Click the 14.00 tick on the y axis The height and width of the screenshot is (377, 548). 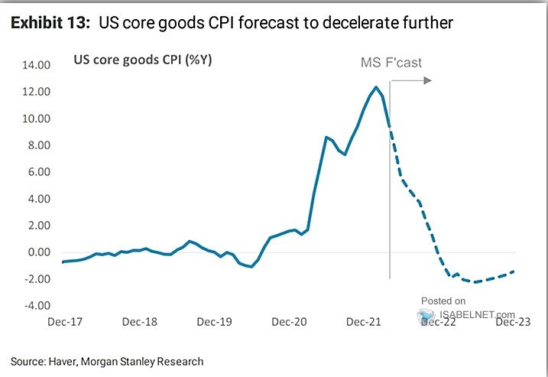[36, 65]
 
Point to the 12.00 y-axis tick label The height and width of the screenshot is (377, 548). [36, 92]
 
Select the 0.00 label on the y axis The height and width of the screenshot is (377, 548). [38, 252]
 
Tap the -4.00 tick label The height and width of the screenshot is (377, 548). [37, 306]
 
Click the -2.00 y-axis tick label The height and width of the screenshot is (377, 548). [37, 279]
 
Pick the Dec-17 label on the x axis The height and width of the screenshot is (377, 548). [65, 323]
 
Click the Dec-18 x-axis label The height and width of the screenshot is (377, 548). [141, 323]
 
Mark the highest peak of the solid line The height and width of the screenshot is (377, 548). [376, 87]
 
